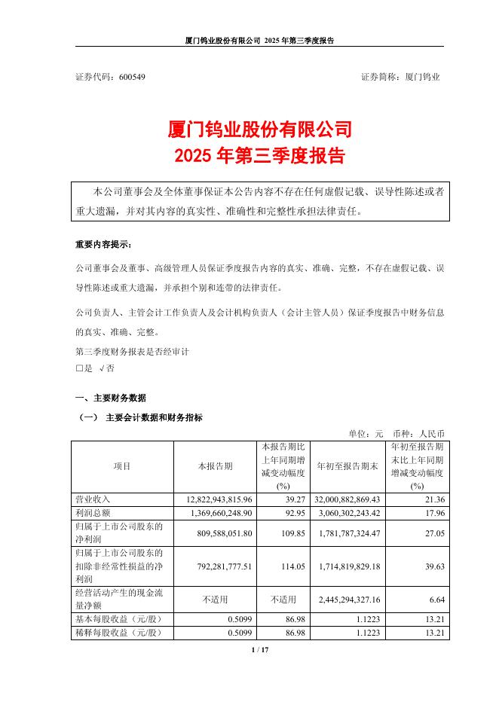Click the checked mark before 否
[x=100, y=368]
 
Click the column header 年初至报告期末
[x=347, y=466]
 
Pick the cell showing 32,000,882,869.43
[x=347, y=499]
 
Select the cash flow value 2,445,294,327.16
[x=347, y=598]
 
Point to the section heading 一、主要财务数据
[x=111, y=398]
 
